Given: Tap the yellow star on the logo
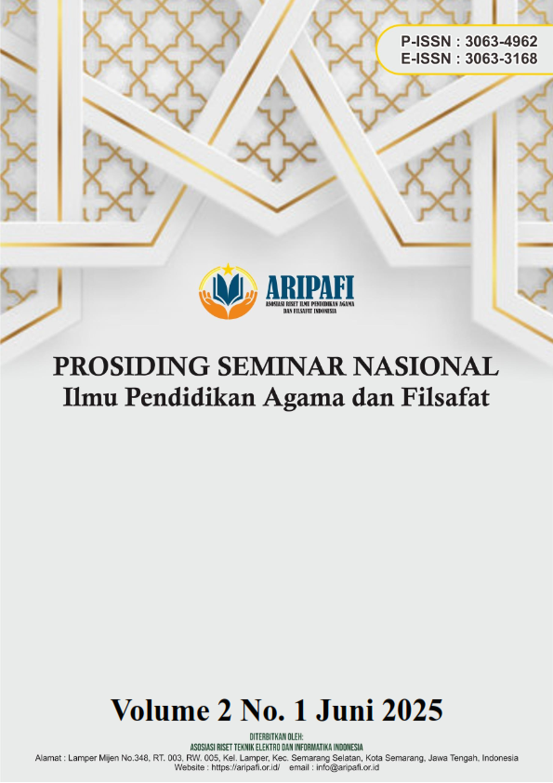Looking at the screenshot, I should click(229, 271).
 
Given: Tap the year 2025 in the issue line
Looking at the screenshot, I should click(404, 710).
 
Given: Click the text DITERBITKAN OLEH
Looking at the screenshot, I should click(276, 737).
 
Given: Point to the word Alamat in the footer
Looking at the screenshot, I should click(52, 758).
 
